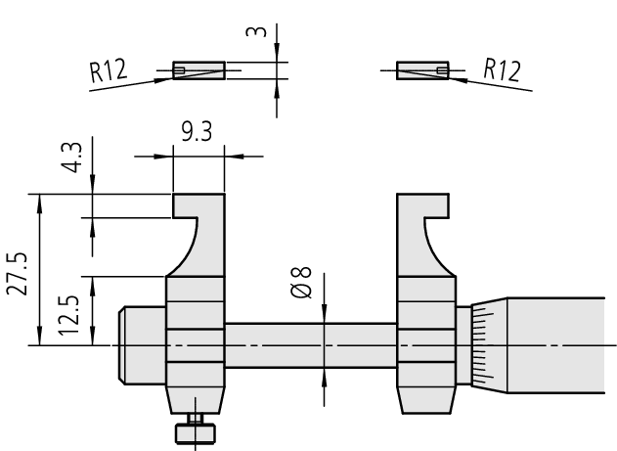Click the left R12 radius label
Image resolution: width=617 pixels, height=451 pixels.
click(109, 70)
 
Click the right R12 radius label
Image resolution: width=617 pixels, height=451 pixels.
click(502, 70)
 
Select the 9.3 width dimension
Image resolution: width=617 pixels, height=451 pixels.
click(197, 131)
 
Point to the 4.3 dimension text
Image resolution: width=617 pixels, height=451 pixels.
click(72, 158)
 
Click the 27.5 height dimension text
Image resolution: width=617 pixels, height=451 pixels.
click(18, 274)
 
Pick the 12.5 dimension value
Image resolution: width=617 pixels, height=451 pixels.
click(68, 315)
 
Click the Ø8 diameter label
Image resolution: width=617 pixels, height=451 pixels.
click(301, 283)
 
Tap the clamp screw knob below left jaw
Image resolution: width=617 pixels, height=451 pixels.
click(196, 433)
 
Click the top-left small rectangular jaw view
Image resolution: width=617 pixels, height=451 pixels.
click(198, 70)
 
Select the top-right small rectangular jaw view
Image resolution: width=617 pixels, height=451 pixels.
click(422, 70)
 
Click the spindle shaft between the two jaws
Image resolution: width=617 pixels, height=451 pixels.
click(311, 345)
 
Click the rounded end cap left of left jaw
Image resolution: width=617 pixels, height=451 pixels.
click(142, 345)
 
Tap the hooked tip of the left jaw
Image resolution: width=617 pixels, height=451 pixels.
click(185, 205)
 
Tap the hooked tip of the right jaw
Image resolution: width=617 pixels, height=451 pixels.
click(436, 205)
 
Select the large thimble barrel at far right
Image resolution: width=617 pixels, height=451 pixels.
click(556, 345)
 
